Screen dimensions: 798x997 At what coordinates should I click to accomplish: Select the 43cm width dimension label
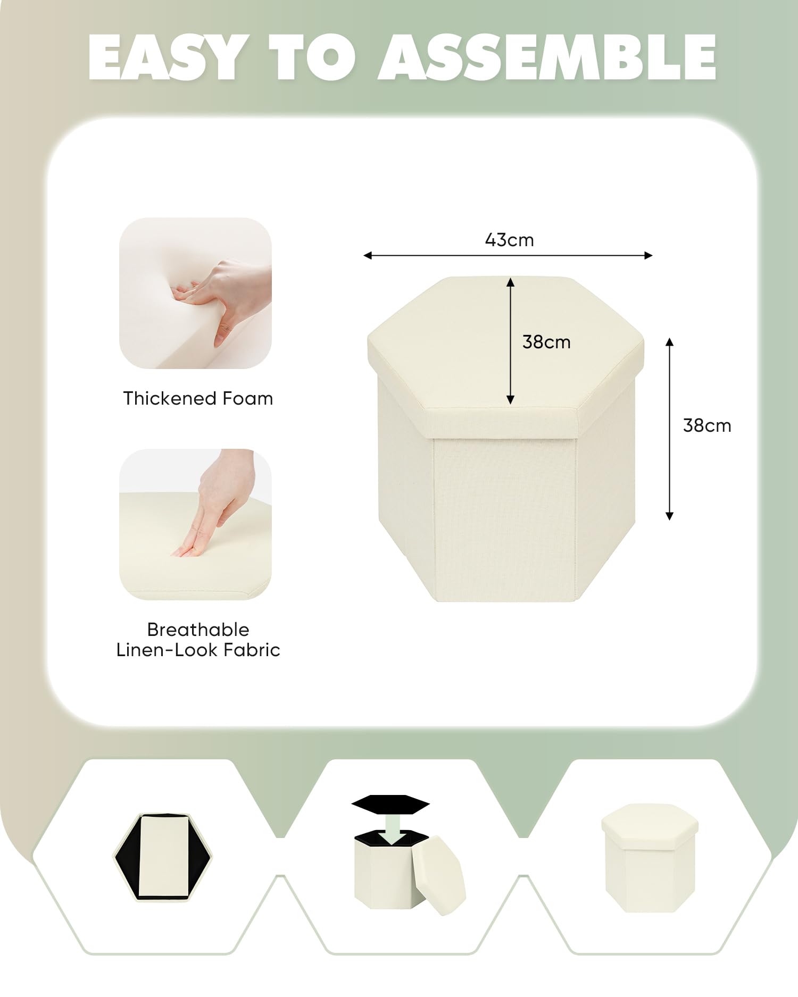tap(509, 240)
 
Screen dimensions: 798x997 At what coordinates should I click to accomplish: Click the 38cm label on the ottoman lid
tap(546, 342)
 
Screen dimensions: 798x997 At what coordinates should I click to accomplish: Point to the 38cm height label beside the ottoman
tap(707, 425)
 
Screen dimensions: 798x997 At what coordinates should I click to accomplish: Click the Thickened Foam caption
tap(198, 398)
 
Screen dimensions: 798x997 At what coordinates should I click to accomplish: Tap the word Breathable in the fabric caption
tap(198, 630)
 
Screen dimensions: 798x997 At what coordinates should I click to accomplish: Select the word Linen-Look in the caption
tap(168, 650)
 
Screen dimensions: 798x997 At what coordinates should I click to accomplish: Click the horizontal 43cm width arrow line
tap(508, 256)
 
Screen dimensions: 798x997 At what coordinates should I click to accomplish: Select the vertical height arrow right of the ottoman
tap(670, 429)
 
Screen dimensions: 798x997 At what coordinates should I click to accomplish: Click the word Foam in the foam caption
tap(248, 398)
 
